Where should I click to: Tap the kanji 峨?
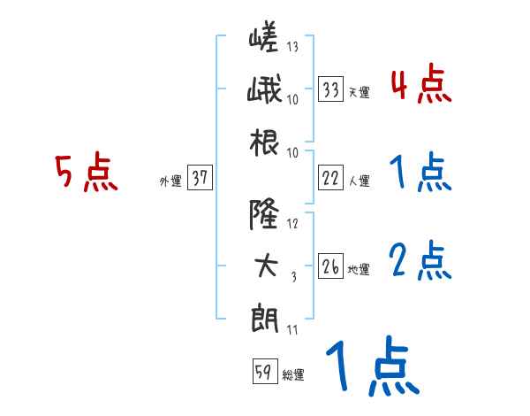(264, 91)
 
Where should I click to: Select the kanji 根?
(264, 141)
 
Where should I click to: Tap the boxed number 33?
(331, 89)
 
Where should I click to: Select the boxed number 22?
(331, 178)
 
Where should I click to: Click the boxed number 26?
(331, 266)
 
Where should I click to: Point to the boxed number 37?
(200, 178)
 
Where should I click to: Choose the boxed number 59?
(262, 372)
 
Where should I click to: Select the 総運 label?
(292, 375)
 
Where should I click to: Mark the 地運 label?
(359, 269)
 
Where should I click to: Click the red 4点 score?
(420, 86)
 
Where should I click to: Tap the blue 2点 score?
(420, 262)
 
